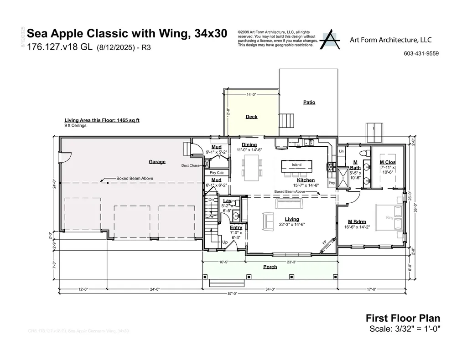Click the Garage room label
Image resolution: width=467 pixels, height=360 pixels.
click(x=157, y=162)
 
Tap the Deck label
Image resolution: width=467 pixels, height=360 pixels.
click(x=251, y=117)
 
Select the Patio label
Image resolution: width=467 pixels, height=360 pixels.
click(x=309, y=102)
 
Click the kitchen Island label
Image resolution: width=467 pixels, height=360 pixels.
click(x=297, y=165)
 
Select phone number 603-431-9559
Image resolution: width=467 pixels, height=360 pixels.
click(x=421, y=53)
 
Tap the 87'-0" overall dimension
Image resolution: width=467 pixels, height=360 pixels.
click(x=232, y=293)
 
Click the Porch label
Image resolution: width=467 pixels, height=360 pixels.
click(x=270, y=267)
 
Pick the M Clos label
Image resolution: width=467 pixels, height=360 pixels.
click(x=388, y=162)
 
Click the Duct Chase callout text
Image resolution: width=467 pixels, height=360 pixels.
click(x=190, y=165)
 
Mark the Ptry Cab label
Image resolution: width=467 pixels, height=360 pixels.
click(x=216, y=173)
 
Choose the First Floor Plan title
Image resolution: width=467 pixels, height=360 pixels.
click(x=403, y=319)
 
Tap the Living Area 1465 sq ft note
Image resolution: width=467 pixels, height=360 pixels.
click(x=102, y=120)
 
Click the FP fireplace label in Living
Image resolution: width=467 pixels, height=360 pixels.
click(x=325, y=243)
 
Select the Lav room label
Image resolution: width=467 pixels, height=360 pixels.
click(x=227, y=201)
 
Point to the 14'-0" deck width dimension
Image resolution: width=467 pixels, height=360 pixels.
click(x=251, y=95)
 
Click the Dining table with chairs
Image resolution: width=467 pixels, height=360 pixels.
click(x=252, y=165)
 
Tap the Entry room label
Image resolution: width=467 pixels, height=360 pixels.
click(x=236, y=227)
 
